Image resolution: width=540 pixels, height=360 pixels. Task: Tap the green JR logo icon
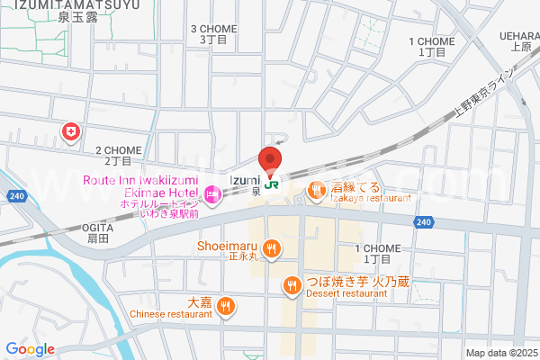271,181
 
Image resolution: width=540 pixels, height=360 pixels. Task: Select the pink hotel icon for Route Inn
212,193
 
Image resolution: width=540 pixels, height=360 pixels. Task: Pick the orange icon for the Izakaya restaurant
317,190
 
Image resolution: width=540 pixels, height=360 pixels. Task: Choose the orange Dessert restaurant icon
292,286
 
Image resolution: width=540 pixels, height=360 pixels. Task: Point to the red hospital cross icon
69,132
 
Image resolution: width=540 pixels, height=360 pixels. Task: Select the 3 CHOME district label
213,34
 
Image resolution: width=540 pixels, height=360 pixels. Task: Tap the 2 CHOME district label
113,156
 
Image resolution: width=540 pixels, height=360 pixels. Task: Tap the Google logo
30,348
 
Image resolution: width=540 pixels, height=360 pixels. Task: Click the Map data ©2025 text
499,353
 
